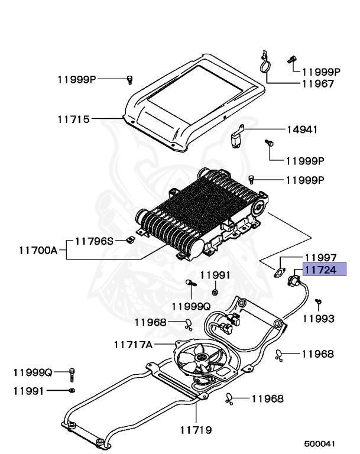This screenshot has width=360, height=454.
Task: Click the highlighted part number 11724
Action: coord(320,270)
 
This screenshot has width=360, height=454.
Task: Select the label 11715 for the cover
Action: coord(73,119)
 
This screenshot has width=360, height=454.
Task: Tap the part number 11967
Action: coord(317,84)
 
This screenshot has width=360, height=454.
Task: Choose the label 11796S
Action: coord(93,241)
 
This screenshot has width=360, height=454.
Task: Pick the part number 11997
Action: coord(320,258)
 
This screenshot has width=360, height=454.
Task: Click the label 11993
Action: coord(319,319)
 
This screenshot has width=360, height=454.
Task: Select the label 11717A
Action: coord(134,343)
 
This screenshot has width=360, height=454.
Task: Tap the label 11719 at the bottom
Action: coord(195,430)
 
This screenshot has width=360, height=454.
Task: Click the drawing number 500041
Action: coord(320,443)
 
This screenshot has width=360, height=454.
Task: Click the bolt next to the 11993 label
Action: coord(317,303)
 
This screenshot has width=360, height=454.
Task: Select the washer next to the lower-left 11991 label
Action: coord(72,391)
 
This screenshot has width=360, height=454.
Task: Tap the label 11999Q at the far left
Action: coord(33,373)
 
